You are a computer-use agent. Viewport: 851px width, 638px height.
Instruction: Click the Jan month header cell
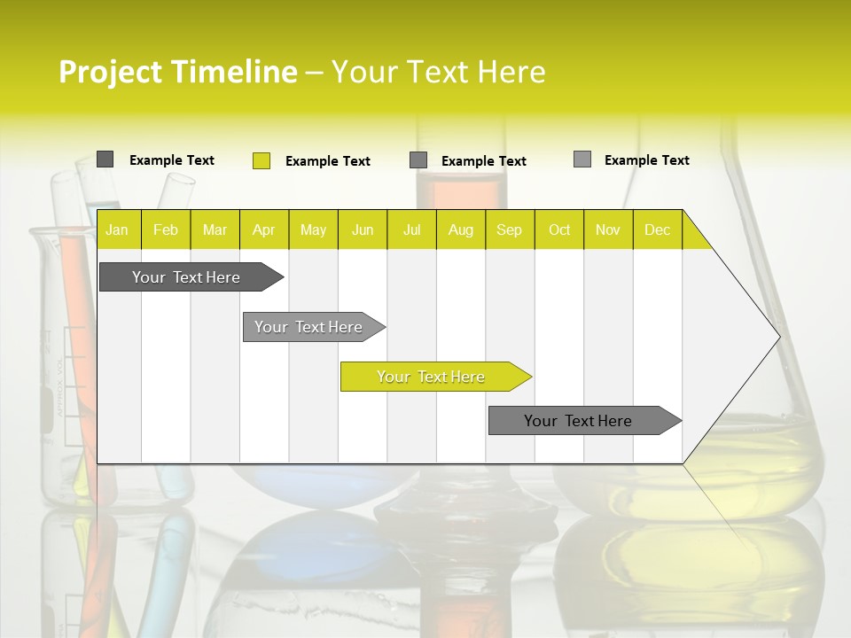point(117,230)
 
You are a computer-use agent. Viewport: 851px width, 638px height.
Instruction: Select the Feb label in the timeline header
point(166,230)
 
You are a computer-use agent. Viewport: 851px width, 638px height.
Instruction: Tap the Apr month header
point(263,230)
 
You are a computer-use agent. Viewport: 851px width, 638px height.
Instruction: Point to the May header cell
point(313,230)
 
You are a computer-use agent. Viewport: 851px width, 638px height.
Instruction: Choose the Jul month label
point(411,230)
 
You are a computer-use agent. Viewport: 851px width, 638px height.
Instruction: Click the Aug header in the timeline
point(460,230)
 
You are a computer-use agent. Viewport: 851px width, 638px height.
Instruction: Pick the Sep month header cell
point(509,230)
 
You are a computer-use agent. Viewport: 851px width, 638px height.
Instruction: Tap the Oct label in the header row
point(559,230)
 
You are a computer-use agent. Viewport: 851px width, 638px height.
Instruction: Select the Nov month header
point(608,230)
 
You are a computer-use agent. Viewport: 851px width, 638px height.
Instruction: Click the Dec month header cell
point(657,230)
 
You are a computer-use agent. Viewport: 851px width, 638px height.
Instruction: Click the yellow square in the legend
point(262,160)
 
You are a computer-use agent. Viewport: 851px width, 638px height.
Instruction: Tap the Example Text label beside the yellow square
point(327,161)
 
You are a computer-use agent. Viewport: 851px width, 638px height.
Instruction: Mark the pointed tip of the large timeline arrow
point(777,336)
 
